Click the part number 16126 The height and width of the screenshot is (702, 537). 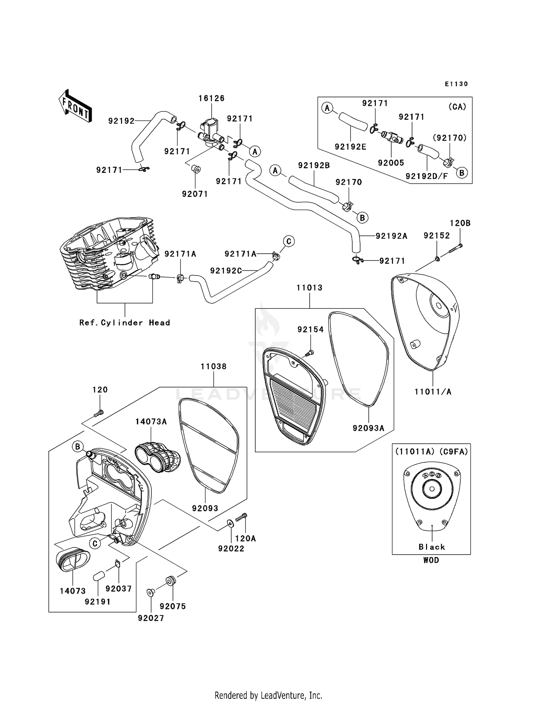point(212,98)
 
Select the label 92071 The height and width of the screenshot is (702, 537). point(195,194)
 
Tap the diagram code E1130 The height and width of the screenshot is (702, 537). point(456,84)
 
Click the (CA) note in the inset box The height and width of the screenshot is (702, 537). point(457,107)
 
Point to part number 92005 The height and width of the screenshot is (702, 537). point(391,163)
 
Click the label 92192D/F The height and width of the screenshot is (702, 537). point(427,176)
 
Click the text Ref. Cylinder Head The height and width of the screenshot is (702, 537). point(125,323)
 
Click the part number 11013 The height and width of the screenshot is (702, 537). point(309,288)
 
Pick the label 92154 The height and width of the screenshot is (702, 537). point(310,330)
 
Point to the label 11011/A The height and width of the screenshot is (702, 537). point(433,392)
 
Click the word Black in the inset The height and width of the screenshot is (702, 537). point(432,547)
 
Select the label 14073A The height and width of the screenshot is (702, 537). point(151,422)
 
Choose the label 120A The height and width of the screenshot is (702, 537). point(245,538)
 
